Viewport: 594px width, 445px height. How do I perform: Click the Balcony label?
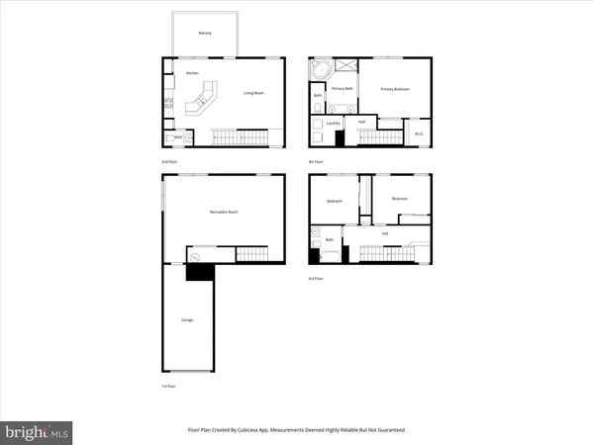(x=202, y=32)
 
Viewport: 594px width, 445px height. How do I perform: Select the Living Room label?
(x=253, y=94)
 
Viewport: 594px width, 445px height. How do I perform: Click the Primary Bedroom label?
(x=396, y=89)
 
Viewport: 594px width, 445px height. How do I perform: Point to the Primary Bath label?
(x=343, y=89)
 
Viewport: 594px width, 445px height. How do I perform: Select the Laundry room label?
(x=334, y=123)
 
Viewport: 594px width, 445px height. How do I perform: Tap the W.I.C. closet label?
(x=419, y=133)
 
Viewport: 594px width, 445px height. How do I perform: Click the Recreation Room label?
(x=224, y=212)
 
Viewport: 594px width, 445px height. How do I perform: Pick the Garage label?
(x=186, y=319)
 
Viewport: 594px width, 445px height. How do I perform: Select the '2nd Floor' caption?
(x=168, y=160)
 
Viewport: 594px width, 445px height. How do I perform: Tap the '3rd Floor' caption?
(x=315, y=278)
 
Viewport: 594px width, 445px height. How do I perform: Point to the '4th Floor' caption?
(x=315, y=160)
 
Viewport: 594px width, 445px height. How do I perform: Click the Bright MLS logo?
(x=37, y=431)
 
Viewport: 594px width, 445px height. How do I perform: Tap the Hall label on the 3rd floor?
(x=384, y=233)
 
